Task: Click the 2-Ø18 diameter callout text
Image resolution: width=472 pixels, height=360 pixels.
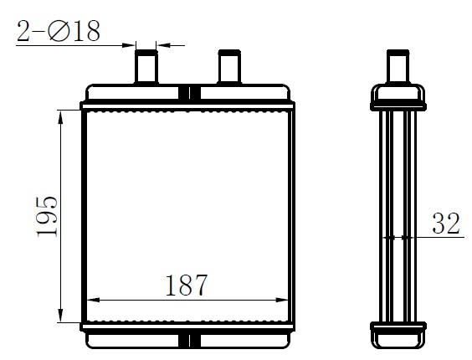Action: point(58,31)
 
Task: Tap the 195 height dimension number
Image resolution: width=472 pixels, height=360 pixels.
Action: point(47,216)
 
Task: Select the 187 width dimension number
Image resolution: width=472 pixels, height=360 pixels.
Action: point(187,285)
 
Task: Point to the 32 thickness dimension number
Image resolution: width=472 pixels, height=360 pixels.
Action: point(445,224)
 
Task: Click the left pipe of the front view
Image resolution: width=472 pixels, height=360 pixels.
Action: point(146,67)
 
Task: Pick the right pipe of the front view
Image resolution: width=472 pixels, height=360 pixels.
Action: point(229,67)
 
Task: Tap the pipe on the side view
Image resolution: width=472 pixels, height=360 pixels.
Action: point(398,67)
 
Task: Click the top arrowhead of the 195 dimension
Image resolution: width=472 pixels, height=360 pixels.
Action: point(61,117)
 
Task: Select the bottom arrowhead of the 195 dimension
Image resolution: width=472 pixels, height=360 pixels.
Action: point(61,315)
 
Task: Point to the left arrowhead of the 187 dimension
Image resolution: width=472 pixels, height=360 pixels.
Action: point(94,300)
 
